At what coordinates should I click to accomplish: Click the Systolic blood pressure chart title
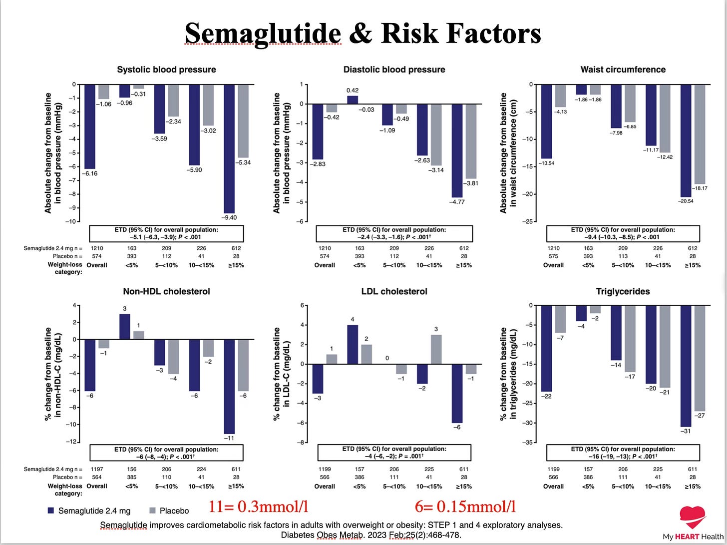(166, 69)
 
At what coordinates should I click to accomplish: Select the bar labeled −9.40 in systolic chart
(229, 149)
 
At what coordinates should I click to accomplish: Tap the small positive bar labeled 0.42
(353, 100)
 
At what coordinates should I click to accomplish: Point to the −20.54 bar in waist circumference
(686, 141)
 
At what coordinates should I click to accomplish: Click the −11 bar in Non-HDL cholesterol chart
(229, 386)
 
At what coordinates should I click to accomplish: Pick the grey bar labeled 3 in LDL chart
(436, 349)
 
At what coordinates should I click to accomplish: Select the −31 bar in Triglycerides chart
(686, 366)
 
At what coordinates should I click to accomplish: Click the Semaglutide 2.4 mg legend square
(50, 510)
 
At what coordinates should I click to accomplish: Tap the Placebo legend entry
(169, 511)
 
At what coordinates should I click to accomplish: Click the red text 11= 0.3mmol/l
(258, 507)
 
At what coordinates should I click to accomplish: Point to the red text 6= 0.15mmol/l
(465, 507)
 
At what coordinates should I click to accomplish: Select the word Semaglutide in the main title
(263, 34)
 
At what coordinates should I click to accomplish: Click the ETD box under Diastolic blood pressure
(394, 234)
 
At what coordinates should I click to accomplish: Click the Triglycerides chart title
(623, 292)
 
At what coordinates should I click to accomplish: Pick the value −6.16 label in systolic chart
(89, 174)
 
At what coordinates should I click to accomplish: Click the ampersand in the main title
(361, 34)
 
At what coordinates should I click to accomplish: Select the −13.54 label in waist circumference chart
(546, 163)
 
